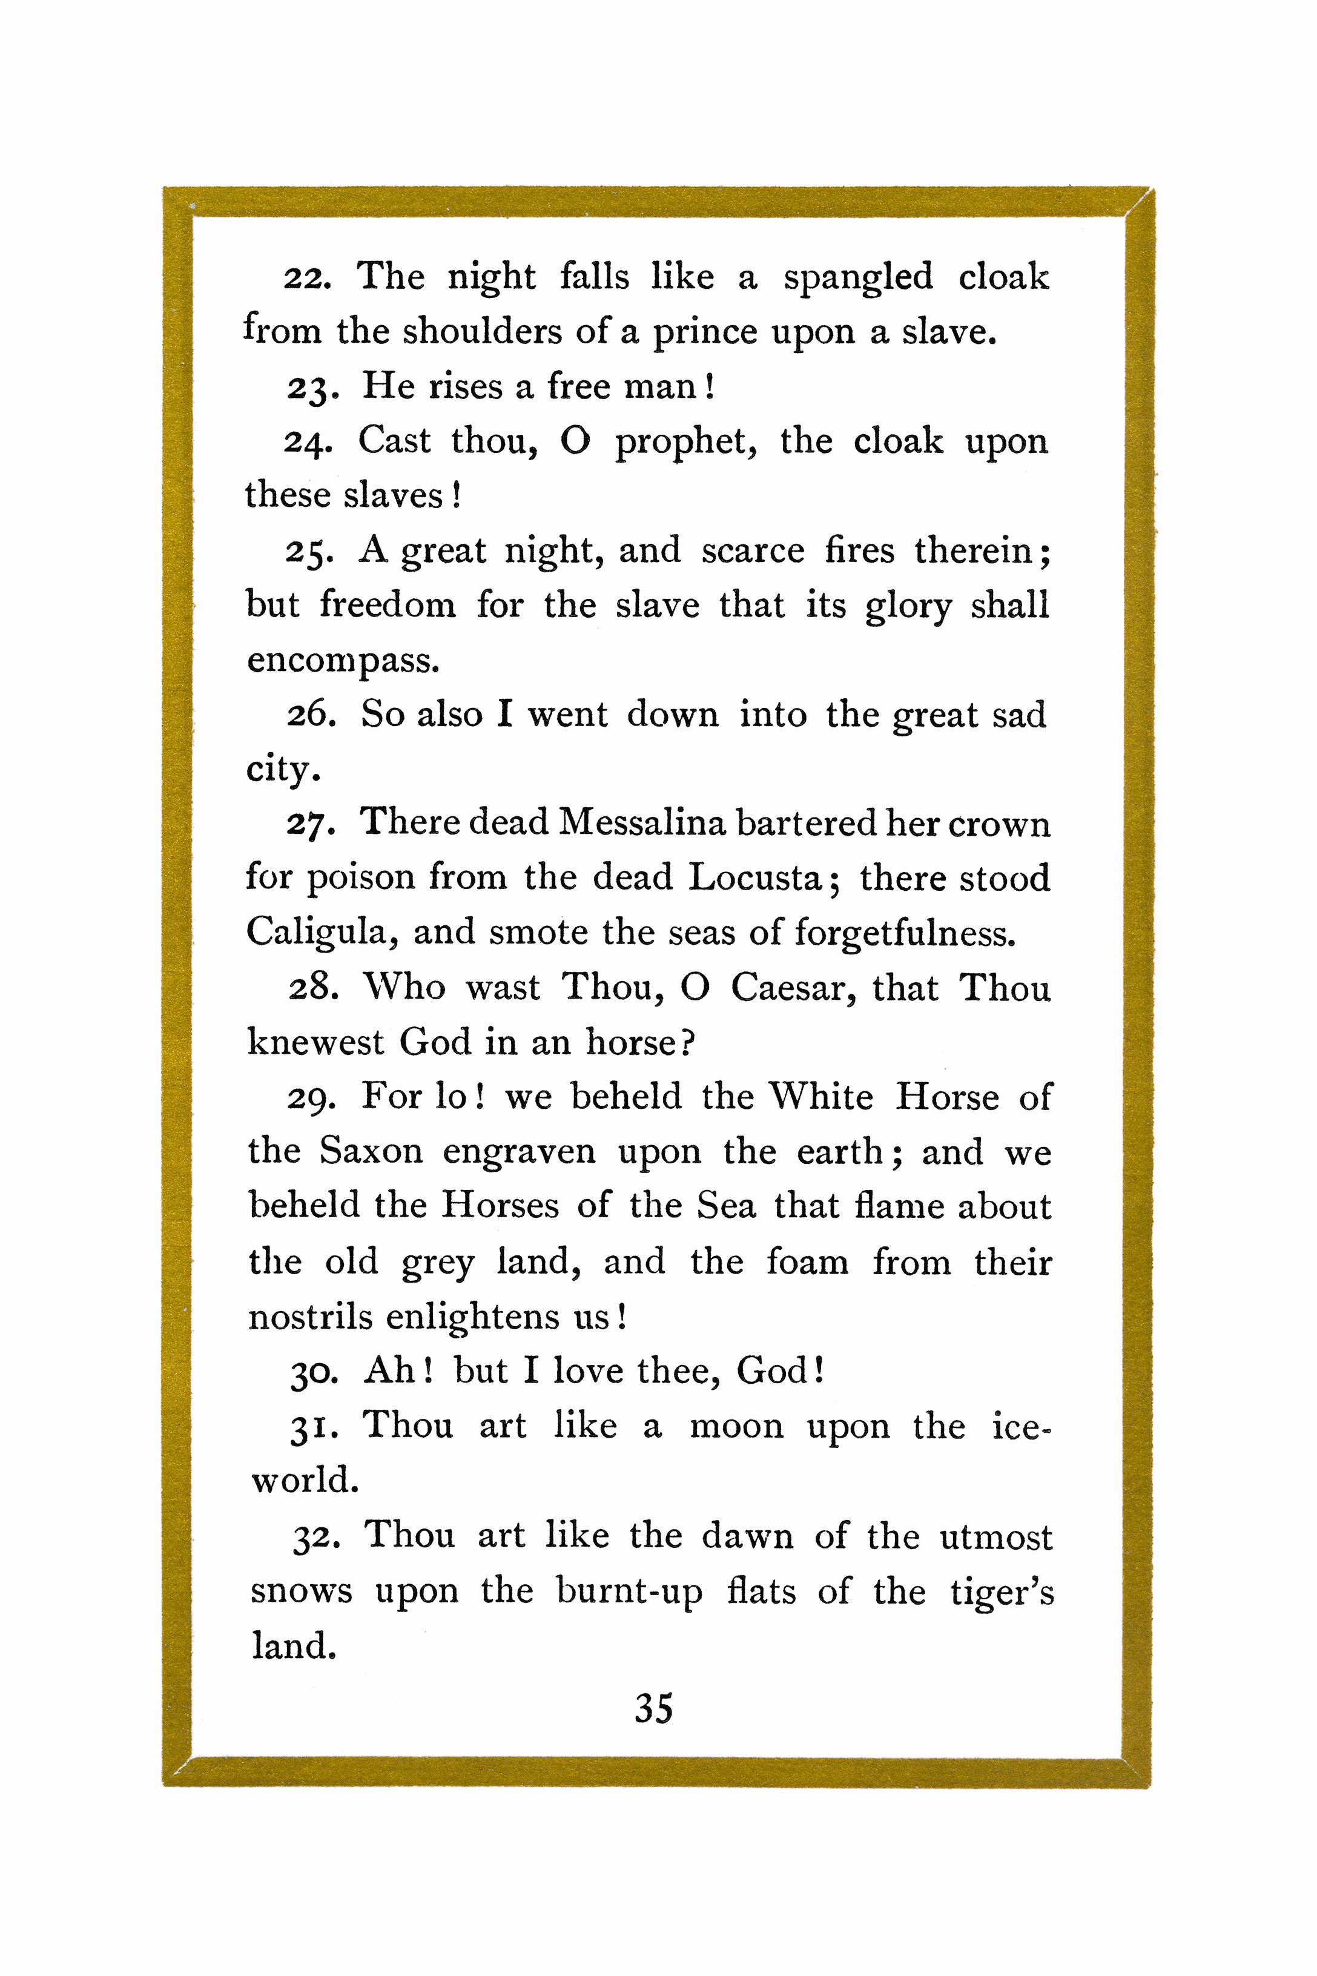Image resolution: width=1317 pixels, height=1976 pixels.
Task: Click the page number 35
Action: coord(653,1708)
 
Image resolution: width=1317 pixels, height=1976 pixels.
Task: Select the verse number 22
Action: coord(306,278)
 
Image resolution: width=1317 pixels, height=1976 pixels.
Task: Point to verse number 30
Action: coord(312,1372)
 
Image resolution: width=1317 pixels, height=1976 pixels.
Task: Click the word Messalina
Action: coord(642,822)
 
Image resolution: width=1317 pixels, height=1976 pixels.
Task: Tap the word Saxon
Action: coord(371,1151)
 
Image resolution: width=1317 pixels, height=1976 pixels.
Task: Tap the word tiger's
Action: coord(1001,1592)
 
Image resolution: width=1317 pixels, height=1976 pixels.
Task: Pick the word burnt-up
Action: coord(629,1592)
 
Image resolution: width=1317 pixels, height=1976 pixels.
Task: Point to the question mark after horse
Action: coord(687,1043)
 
